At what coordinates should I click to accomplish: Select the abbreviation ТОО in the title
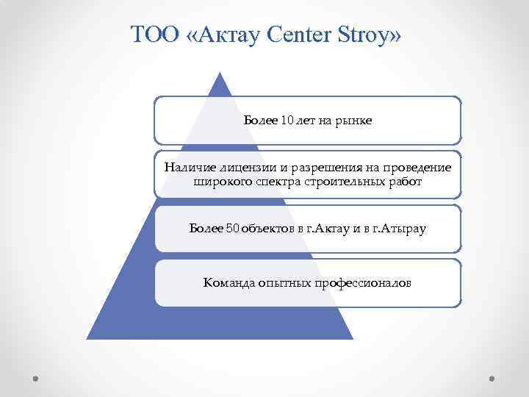[x=153, y=35]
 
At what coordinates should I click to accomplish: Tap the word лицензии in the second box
[x=244, y=168]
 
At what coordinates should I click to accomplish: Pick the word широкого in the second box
[x=220, y=181]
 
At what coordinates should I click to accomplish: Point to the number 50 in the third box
[x=232, y=229]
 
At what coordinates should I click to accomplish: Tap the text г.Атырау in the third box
[x=400, y=229]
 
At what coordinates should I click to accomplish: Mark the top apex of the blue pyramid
[x=220, y=73]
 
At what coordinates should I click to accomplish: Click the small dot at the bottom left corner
[x=36, y=378]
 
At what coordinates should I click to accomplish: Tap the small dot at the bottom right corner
[x=492, y=378]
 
